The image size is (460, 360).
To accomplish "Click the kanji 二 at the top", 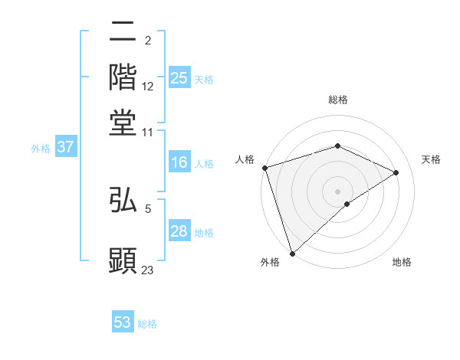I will pos(123,33).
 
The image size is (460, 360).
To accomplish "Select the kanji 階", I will pos(123,77).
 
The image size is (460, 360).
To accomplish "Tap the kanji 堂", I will pos(123,121).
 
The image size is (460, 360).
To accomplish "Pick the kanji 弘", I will pos(123,201).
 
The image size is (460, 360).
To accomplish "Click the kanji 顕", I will pos(123,259).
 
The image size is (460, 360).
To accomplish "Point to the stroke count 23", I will pos(148,270).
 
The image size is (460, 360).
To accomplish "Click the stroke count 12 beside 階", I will pos(148,87).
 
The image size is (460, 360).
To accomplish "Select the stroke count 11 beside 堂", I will pos(148,132).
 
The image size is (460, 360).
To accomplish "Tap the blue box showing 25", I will pos(179,77).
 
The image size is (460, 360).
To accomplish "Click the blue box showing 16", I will pos(179,162).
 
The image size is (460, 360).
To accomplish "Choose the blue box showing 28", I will pos(179,232).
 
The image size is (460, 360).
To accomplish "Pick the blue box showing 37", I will pos(65,148).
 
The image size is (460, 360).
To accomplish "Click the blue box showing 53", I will pos(123,322).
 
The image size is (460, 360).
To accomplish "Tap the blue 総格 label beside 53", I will pos(147,324).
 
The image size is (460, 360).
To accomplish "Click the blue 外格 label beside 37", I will pos(41,149).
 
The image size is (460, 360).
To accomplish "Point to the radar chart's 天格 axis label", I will pos(432,159).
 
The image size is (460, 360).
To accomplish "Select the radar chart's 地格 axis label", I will pos(402,263).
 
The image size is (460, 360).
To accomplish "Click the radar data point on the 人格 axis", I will pos(264,168).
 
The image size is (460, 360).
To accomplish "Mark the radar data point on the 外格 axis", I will pos(292,253).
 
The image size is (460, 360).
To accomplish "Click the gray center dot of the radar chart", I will pos(337,191).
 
